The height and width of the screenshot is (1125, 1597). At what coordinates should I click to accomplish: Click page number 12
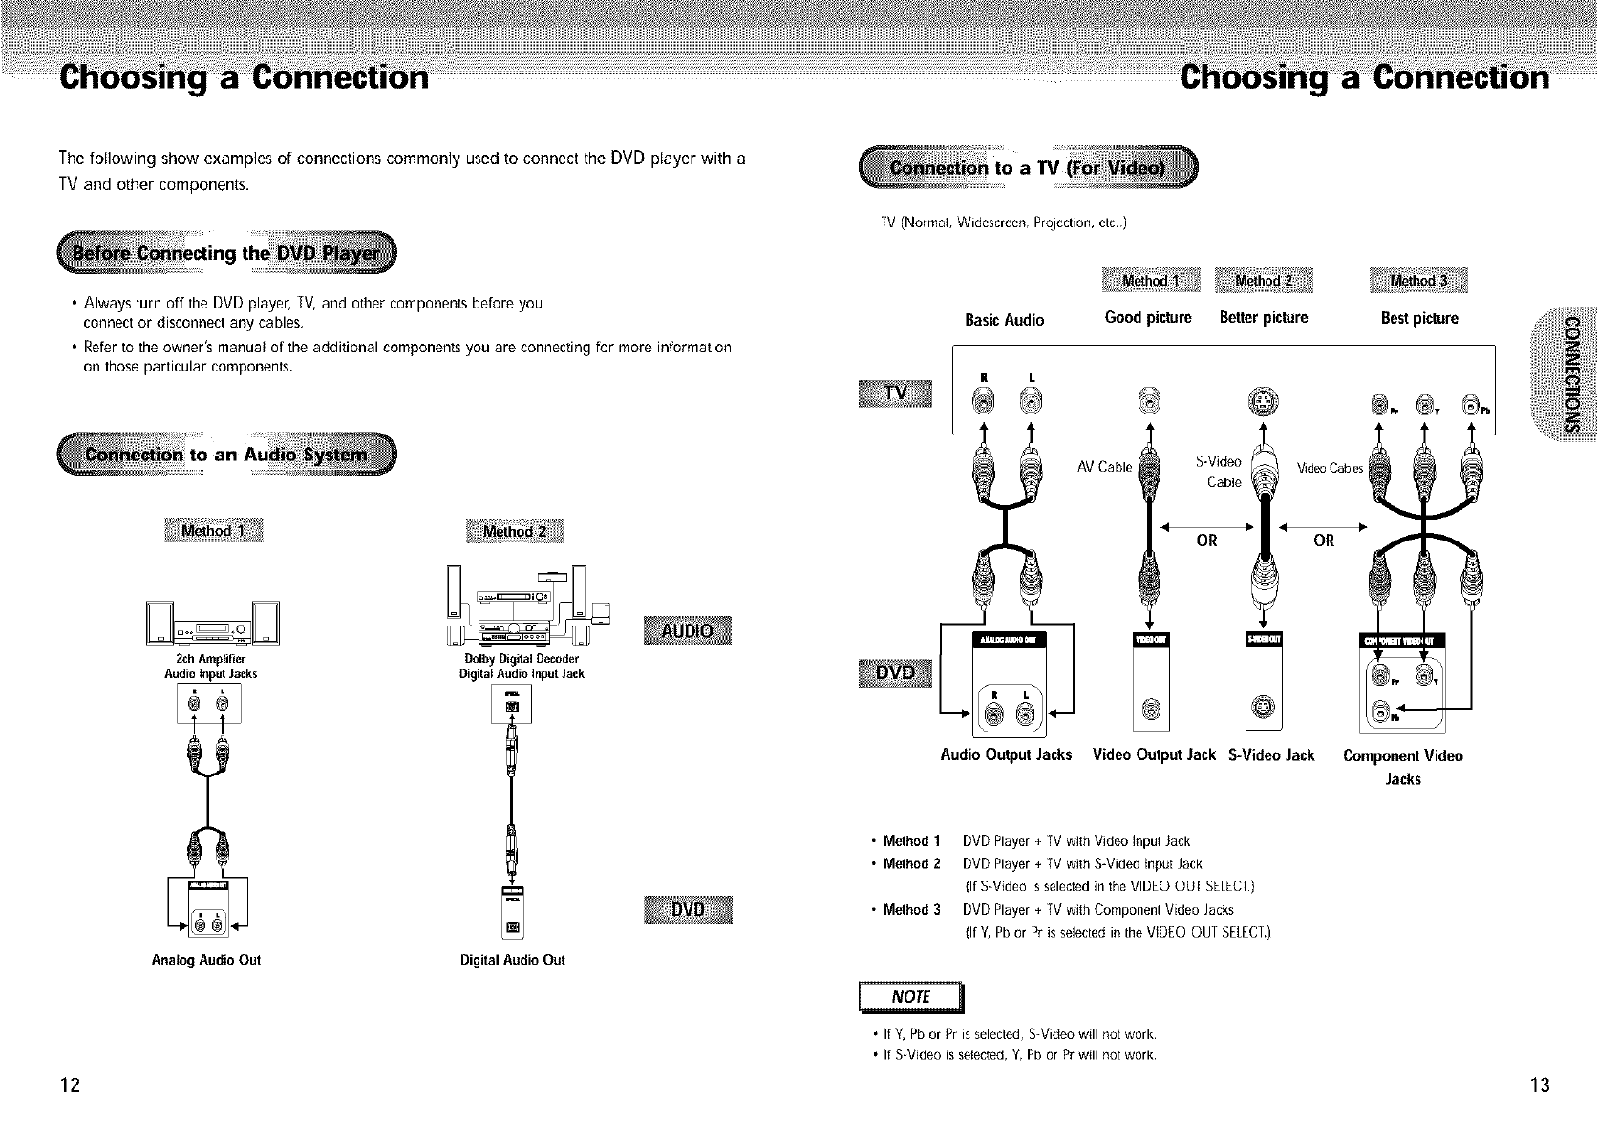point(70,1084)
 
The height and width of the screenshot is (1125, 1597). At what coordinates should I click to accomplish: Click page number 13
point(1538,1084)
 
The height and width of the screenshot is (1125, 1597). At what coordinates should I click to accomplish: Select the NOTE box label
point(911,997)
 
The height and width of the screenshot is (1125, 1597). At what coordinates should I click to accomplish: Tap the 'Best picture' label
point(1419,318)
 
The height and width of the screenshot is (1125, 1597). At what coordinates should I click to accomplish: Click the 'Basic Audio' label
point(1004,320)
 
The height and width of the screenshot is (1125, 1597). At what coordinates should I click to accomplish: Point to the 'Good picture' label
point(1148,317)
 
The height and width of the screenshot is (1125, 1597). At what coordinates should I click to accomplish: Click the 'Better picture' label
point(1264,317)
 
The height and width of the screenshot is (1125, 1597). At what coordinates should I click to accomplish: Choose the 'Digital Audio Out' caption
point(512,960)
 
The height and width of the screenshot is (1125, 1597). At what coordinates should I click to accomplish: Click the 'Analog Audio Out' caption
point(206,960)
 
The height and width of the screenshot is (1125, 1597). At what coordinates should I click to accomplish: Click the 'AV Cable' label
point(1104,467)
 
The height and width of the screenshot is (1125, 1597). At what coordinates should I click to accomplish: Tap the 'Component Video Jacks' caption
point(1402,767)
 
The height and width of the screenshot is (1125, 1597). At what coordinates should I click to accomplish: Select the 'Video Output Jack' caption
point(1154,754)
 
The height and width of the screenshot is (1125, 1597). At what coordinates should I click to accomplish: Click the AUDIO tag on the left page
point(688,630)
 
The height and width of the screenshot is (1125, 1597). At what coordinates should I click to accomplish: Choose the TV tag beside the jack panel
point(897,393)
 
